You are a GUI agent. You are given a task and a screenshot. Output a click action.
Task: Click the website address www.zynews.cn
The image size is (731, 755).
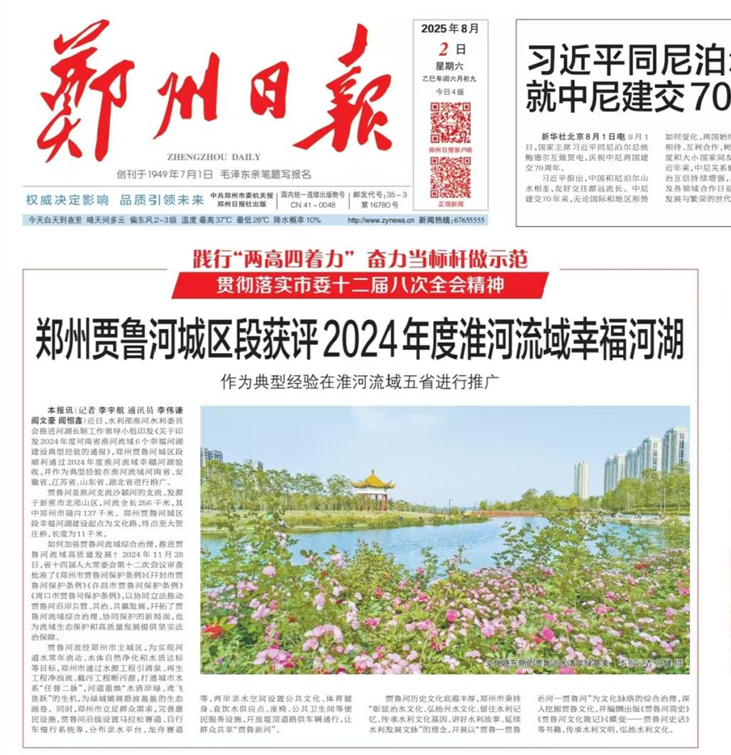[x=380, y=220]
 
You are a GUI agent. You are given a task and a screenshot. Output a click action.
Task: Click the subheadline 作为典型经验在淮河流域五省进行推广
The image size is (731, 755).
[x=360, y=380]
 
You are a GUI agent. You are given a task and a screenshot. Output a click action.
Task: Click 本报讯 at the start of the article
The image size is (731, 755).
[x=59, y=411]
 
